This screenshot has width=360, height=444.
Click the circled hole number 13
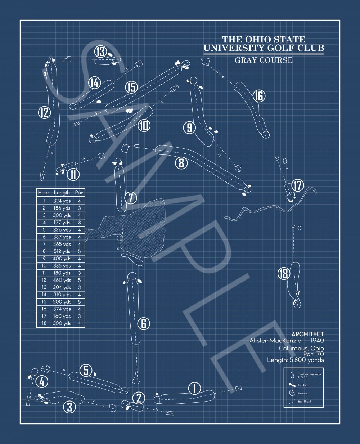point(101,51)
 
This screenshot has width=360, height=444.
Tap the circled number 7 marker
point(131,198)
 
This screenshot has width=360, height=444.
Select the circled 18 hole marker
point(284,273)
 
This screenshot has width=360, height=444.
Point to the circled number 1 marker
point(194,388)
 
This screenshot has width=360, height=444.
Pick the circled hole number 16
point(259,96)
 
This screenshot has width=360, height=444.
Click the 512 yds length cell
point(62,251)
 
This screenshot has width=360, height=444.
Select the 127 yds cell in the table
point(62,223)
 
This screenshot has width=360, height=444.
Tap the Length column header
point(62,193)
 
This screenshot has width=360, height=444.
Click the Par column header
point(79,192)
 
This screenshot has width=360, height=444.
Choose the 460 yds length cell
point(62,280)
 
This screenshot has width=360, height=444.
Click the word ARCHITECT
point(307,334)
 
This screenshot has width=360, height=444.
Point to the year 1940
point(317,341)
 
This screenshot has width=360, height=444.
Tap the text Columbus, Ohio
point(301,348)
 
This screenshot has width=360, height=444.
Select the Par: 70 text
point(314,354)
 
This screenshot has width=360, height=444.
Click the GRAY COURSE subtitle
point(264,60)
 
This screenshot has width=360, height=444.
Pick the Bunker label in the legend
point(303,385)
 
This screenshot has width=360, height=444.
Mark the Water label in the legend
point(302,393)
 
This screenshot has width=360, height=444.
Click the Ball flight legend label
point(304,401)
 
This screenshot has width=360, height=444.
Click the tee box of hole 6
point(136,378)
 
